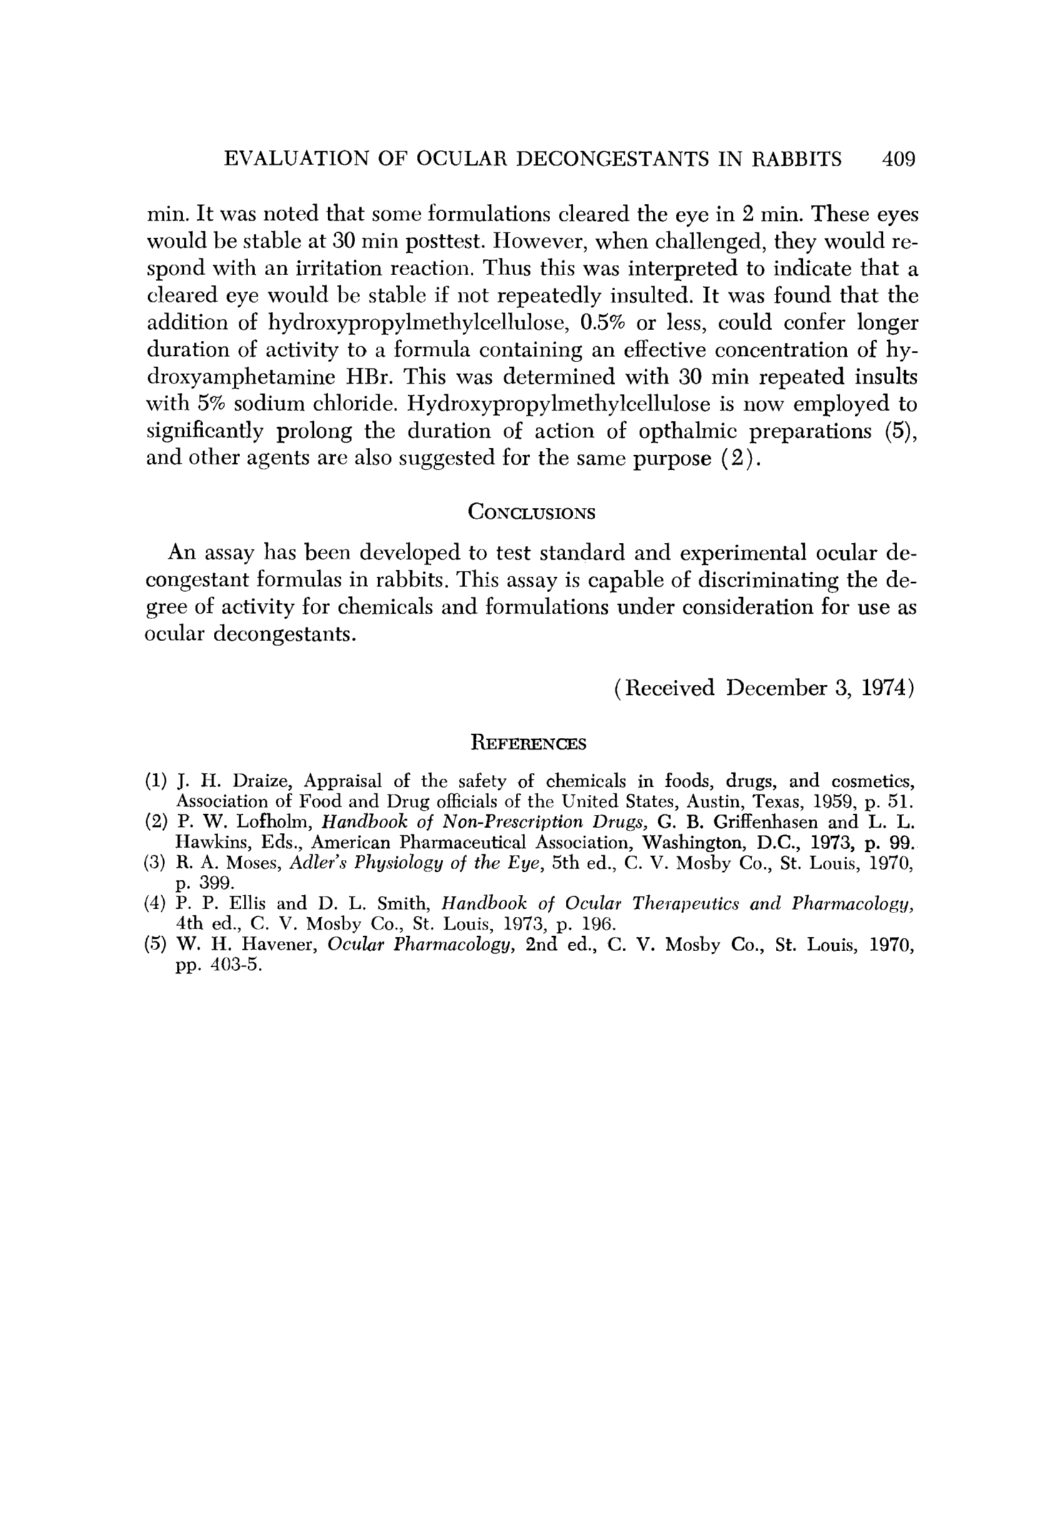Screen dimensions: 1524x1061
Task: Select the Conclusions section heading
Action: [x=531, y=513]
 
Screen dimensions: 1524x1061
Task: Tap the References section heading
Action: [x=528, y=744]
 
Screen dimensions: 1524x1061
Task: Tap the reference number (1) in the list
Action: [x=156, y=780]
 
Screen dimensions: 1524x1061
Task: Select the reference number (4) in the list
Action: [x=156, y=904]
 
